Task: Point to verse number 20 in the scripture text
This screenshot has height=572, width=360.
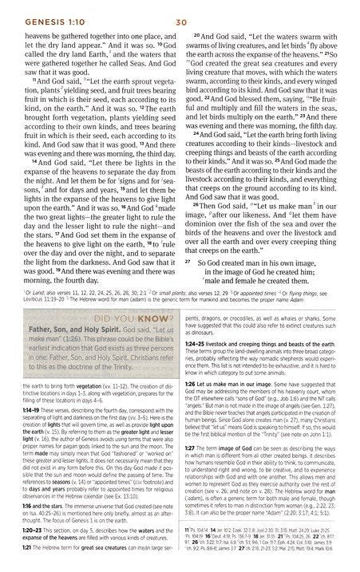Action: coord(196,37)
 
